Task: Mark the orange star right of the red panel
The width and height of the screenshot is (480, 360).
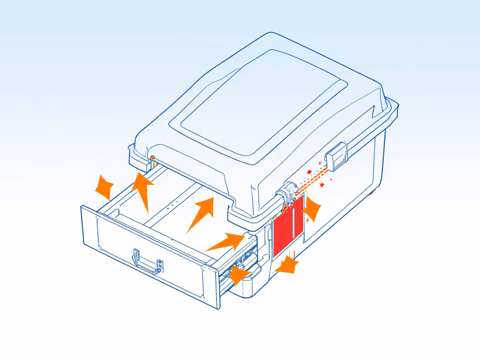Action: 312,209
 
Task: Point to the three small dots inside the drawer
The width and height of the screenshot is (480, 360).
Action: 172,205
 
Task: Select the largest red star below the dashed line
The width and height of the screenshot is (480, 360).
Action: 322,186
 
